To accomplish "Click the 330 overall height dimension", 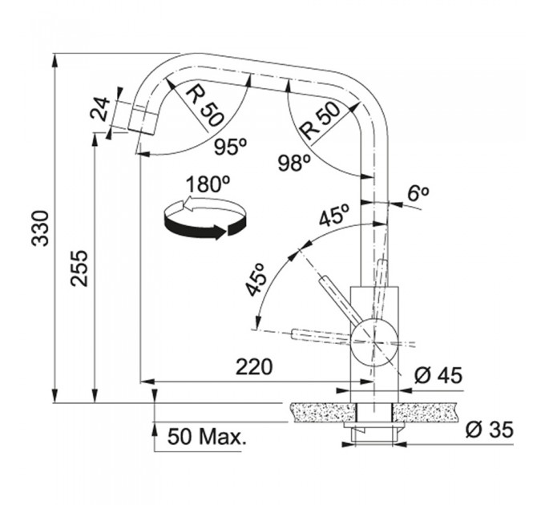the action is (x=41, y=228).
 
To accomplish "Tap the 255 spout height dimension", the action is (x=79, y=268).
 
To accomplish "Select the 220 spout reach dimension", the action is (x=254, y=366).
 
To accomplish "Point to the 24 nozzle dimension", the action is (x=99, y=109).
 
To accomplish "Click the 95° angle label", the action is (x=231, y=147).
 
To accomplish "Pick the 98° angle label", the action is (x=295, y=163).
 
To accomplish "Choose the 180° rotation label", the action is (x=208, y=184).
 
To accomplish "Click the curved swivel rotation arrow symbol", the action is (x=204, y=218).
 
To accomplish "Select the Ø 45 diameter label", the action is (x=438, y=375).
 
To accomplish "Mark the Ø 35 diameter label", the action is (x=490, y=430).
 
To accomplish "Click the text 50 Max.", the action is (x=207, y=437).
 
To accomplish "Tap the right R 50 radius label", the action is (x=320, y=120).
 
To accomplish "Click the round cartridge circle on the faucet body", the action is (x=374, y=343).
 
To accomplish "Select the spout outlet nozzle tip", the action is (x=143, y=121).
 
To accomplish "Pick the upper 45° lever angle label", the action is (x=333, y=215).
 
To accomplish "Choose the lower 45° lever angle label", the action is (x=256, y=280).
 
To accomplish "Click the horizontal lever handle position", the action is (x=321, y=335).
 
